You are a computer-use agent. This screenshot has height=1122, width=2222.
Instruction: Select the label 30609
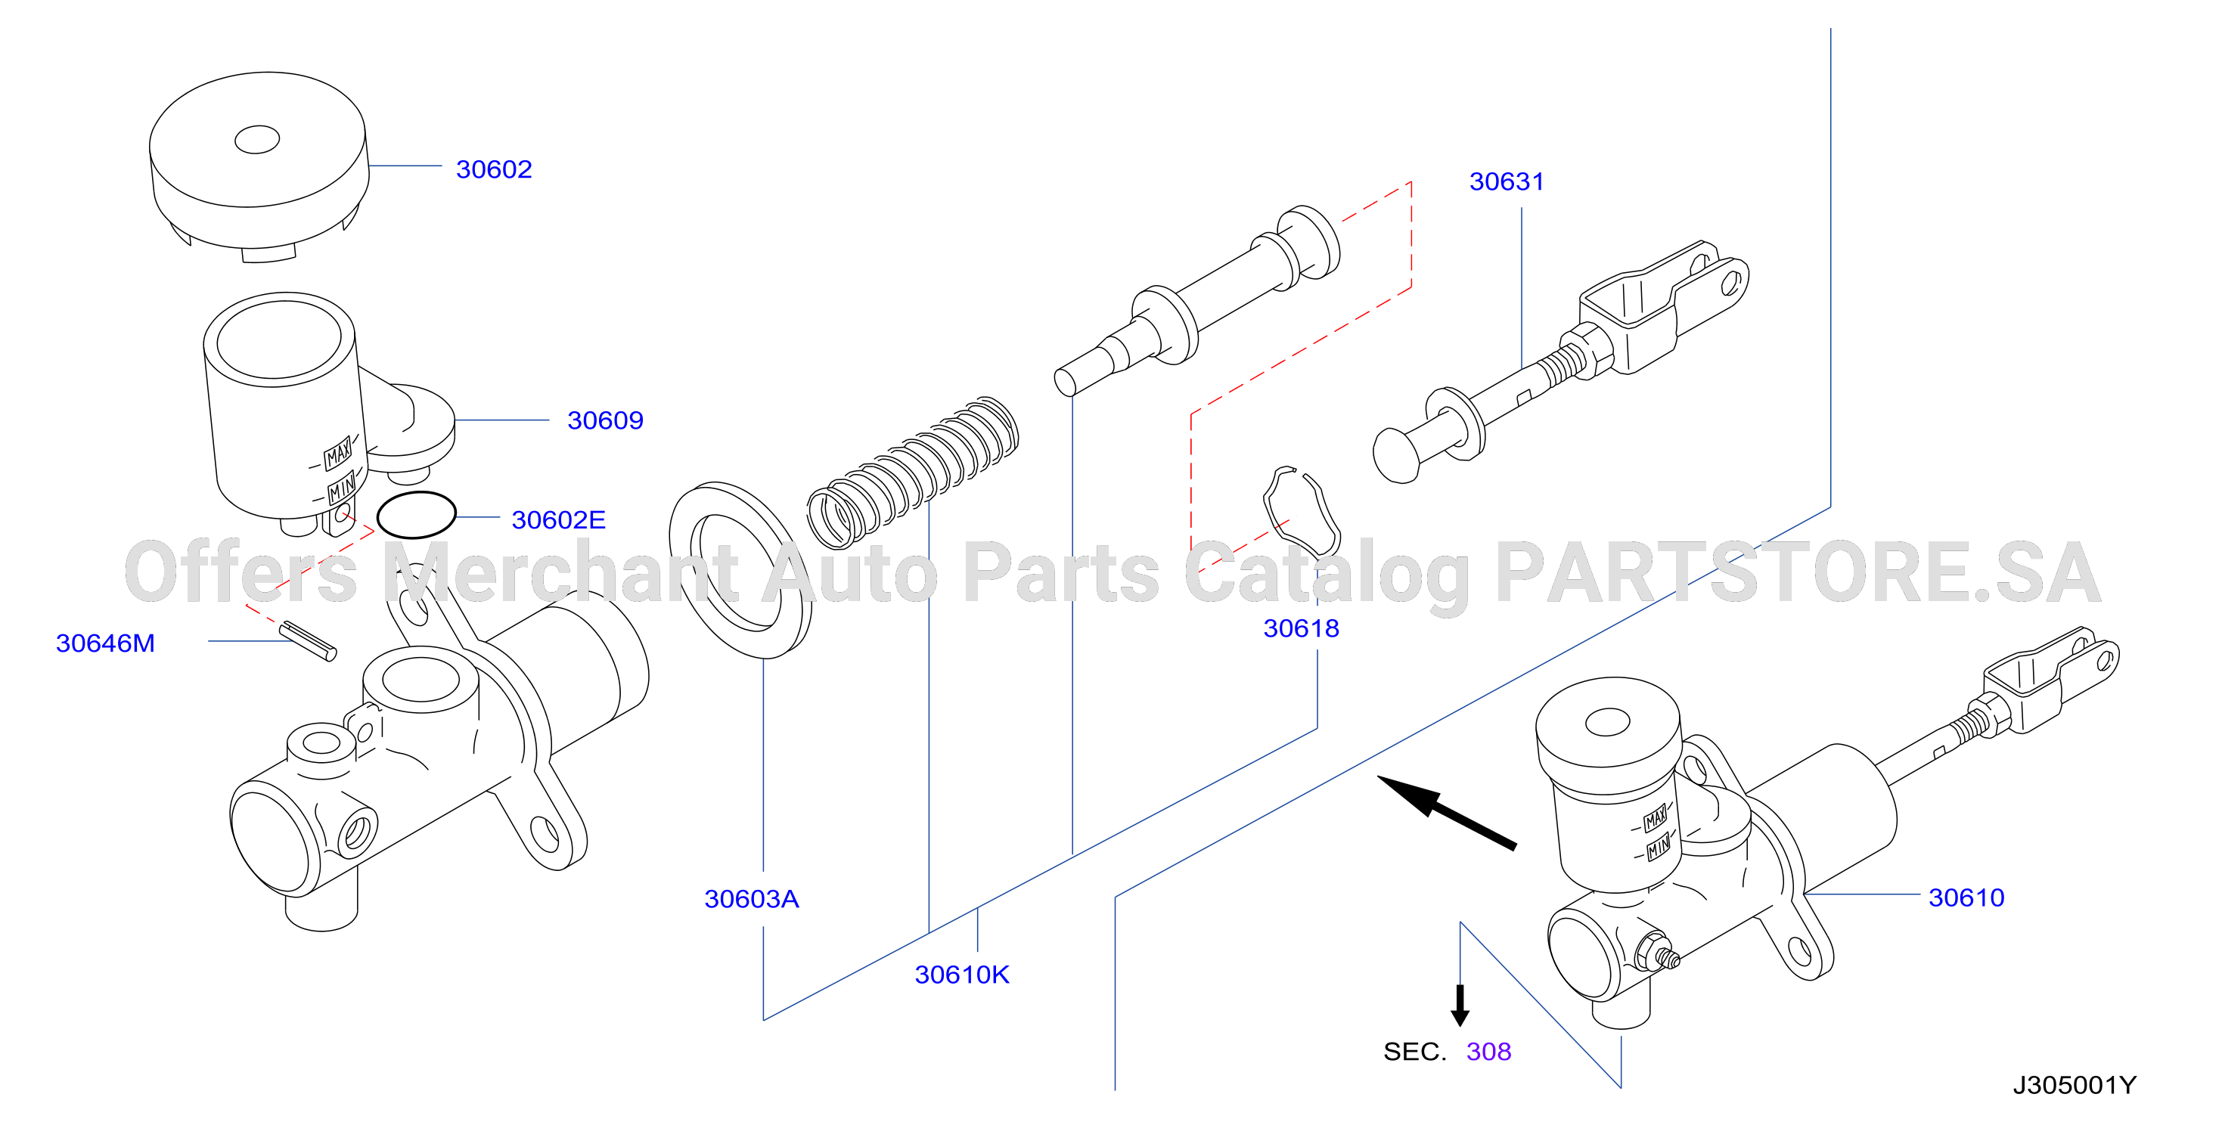click(605, 420)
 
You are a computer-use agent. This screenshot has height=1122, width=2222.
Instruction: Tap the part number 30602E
click(558, 520)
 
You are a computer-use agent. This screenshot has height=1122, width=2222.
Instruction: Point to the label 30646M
click(105, 643)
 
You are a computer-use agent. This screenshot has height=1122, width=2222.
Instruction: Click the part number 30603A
click(751, 899)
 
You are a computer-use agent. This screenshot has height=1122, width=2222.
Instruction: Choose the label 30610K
click(962, 975)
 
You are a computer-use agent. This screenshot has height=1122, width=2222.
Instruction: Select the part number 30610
click(1966, 897)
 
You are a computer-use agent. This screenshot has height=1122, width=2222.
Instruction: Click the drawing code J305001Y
click(2075, 1085)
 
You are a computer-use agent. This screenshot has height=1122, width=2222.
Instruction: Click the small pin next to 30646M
click(308, 641)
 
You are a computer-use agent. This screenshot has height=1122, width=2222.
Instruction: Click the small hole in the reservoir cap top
click(257, 139)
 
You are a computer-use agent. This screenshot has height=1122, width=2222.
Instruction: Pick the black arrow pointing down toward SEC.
click(1460, 1005)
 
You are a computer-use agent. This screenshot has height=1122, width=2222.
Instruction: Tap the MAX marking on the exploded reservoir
click(338, 453)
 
